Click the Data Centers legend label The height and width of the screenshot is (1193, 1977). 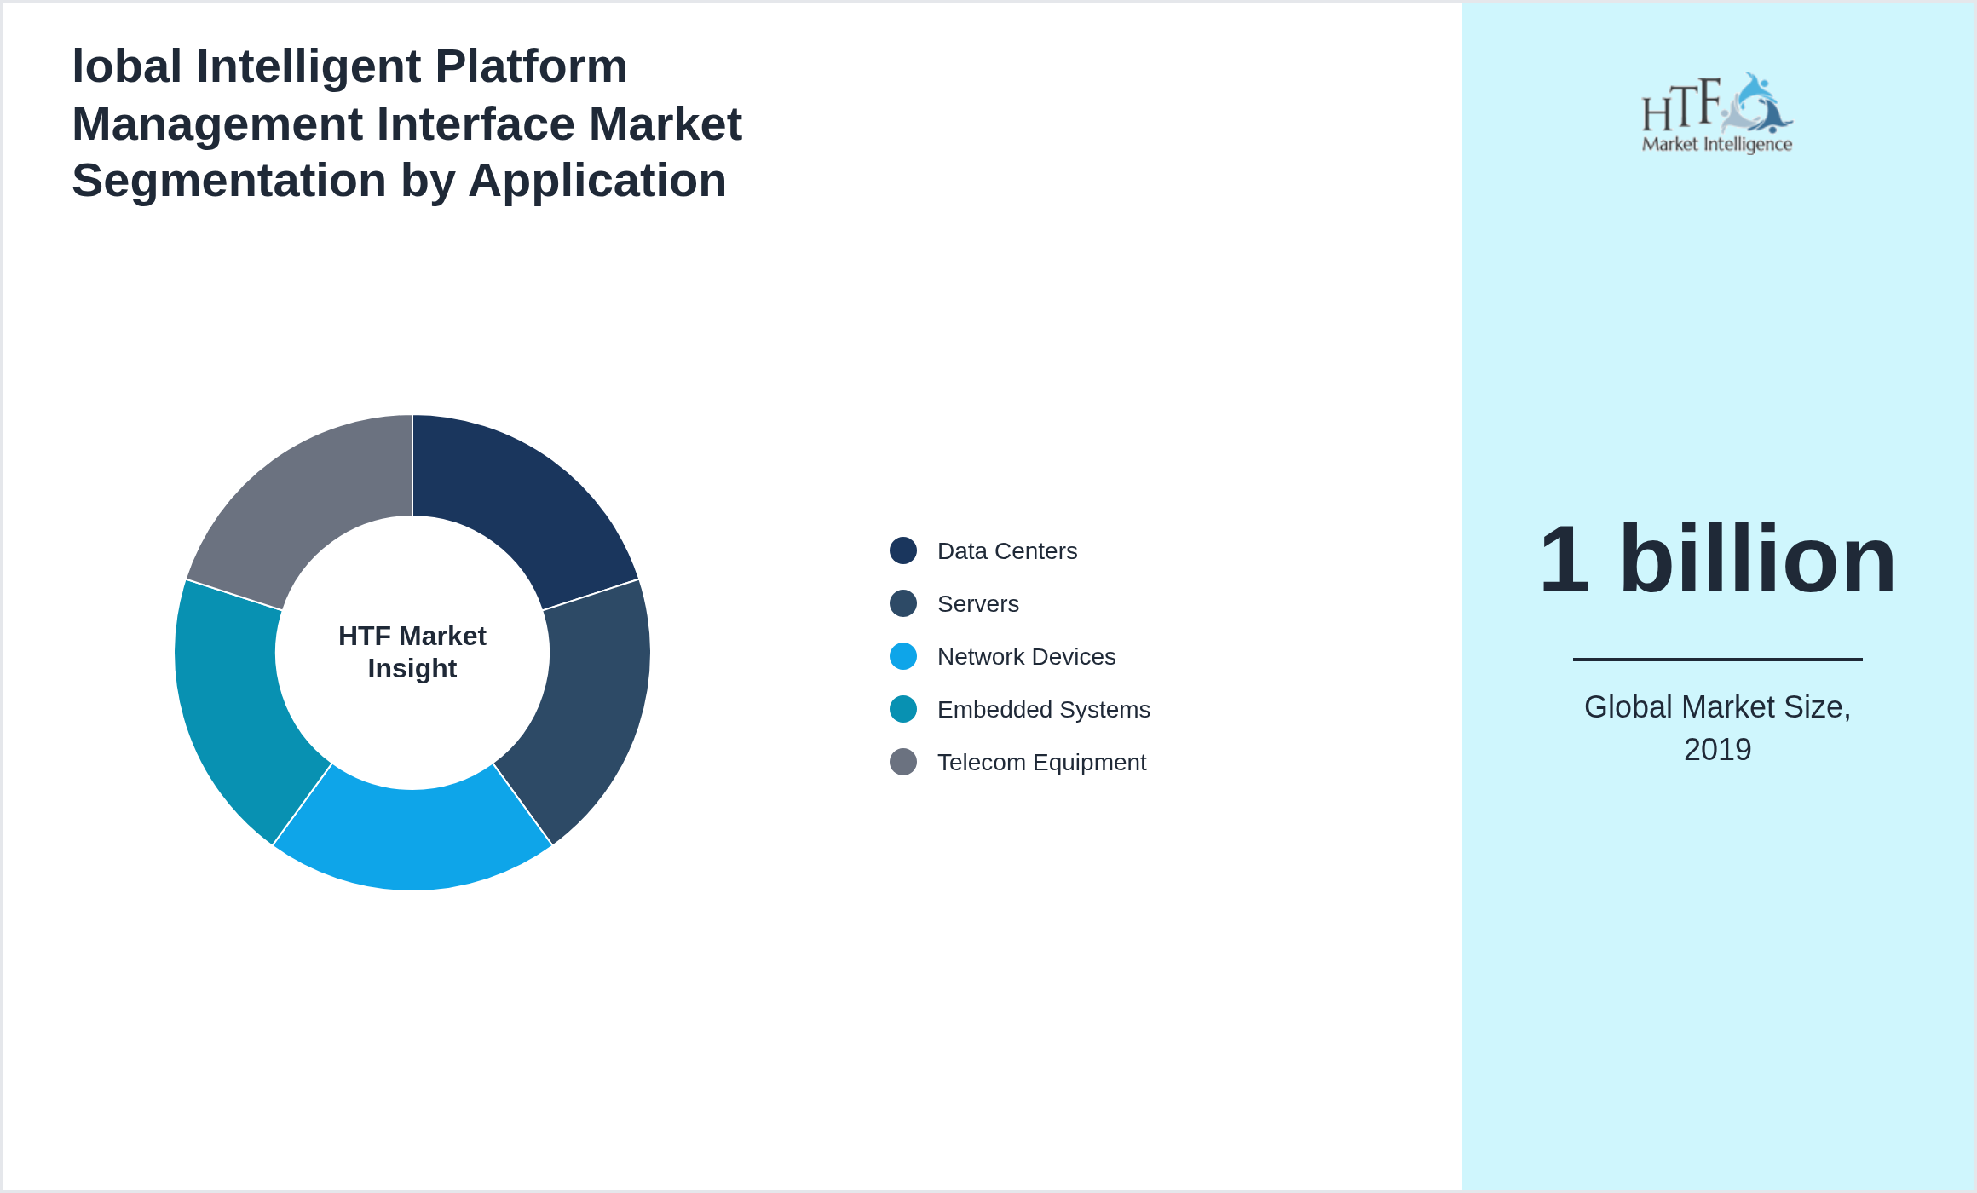pos(1007,551)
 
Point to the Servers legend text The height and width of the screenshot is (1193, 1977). pos(977,604)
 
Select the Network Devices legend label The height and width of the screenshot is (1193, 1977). pos(1026,657)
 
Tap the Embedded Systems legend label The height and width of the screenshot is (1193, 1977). pos(1043,710)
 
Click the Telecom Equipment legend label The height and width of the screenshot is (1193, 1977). pos(1041,763)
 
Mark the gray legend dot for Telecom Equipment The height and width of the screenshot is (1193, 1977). pos(903,762)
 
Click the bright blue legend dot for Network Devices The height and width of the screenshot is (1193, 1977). pos(903,656)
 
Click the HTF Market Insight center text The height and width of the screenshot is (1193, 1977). pos(412,652)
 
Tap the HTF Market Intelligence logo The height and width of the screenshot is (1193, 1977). pos(1717,113)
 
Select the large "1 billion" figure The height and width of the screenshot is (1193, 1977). pos(1717,560)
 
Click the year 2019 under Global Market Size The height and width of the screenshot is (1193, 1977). pos(1717,750)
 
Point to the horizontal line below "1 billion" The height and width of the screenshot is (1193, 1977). pos(1717,659)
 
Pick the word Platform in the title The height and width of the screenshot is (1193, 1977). pos(531,66)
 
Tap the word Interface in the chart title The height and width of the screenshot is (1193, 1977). pos(476,124)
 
